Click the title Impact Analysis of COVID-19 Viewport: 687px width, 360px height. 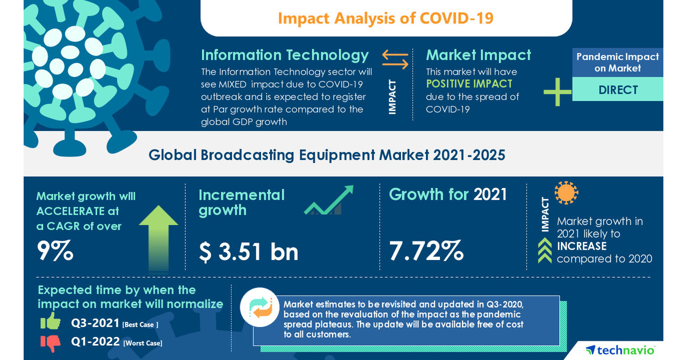point(385,18)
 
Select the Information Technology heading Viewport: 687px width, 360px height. point(285,55)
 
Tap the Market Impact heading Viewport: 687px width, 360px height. point(478,55)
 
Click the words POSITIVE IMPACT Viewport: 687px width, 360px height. point(469,84)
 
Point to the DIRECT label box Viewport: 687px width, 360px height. point(618,90)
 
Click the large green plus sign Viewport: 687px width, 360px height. point(557,92)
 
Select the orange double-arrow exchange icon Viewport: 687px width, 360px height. point(395,59)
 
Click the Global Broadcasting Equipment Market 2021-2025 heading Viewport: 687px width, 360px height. point(327,155)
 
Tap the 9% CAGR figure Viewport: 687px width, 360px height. point(55,250)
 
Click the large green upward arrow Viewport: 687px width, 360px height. point(158,236)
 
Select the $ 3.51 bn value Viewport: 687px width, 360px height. point(248,251)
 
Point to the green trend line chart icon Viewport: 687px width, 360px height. point(328,200)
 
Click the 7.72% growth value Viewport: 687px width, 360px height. point(426,250)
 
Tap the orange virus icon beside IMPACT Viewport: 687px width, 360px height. point(566,193)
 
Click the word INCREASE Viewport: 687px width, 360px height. point(581,246)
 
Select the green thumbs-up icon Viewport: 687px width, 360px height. point(50,321)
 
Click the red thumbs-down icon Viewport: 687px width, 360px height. point(50,342)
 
